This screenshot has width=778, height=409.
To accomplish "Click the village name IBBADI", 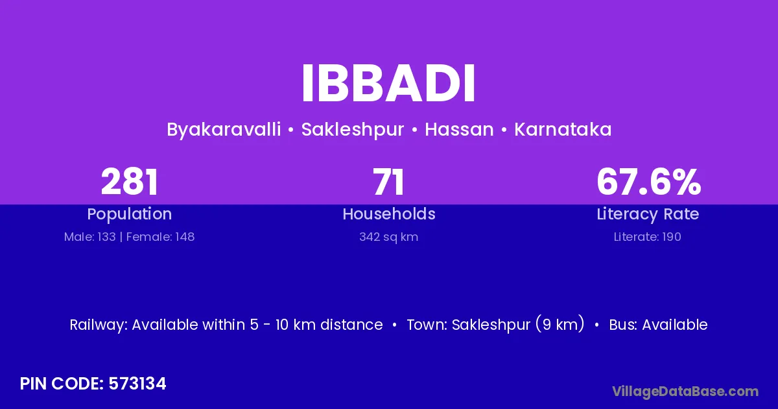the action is pyautogui.click(x=388, y=84).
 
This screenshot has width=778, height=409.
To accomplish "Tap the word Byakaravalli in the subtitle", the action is pyautogui.click(x=224, y=130).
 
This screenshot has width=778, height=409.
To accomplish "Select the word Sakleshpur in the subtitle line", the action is pyautogui.click(x=353, y=130).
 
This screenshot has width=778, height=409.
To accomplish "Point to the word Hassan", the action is pyautogui.click(x=459, y=129).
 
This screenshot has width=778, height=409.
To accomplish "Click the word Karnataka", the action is pyautogui.click(x=563, y=129).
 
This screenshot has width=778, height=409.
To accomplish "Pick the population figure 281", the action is pyautogui.click(x=130, y=182).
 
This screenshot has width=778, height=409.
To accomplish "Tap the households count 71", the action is pyautogui.click(x=388, y=182).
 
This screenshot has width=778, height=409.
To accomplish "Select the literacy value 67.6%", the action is pyautogui.click(x=648, y=182).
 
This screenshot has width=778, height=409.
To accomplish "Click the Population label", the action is pyautogui.click(x=130, y=214).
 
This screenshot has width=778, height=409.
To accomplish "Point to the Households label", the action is pyautogui.click(x=389, y=214).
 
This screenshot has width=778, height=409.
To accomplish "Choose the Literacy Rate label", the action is pyautogui.click(x=648, y=214).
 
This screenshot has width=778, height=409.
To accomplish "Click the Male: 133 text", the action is pyautogui.click(x=90, y=237).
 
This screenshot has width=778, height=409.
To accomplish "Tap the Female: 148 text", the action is pyautogui.click(x=161, y=237).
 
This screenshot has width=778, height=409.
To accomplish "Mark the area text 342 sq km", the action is pyautogui.click(x=388, y=237).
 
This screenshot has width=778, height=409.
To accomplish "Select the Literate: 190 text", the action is pyautogui.click(x=648, y=237).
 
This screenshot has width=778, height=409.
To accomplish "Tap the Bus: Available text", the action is pyautogui.click(x=658, y=325).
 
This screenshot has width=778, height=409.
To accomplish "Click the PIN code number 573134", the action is pyautogui.click(x=137, y=384).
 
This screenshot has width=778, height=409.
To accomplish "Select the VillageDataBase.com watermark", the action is pyautogui.click(x=685, y=391).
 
